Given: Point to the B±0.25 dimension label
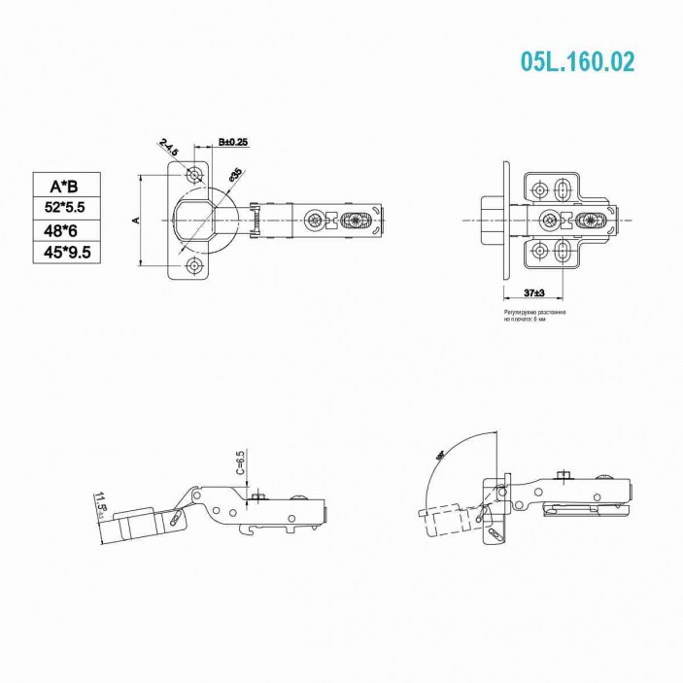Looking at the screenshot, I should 233,142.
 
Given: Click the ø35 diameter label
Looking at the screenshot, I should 235,177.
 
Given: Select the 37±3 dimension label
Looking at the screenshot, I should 532,292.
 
